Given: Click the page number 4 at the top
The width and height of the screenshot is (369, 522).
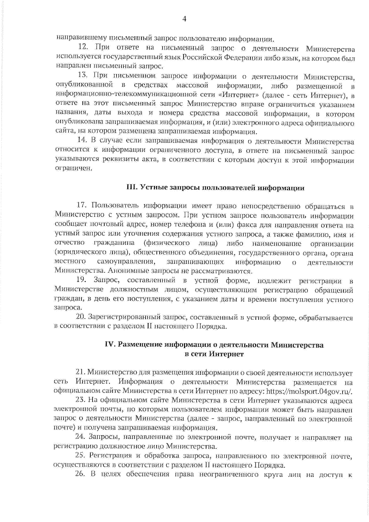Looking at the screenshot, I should [x=184, y=19].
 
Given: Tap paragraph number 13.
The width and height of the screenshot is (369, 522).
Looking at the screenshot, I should [x=83, y=75].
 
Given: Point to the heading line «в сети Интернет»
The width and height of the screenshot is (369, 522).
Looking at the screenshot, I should [x=214, y=354].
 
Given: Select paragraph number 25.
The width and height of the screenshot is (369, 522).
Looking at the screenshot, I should [x=80, y=456].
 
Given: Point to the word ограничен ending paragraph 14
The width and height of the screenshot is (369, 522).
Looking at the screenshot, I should [x=73, y=169].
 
